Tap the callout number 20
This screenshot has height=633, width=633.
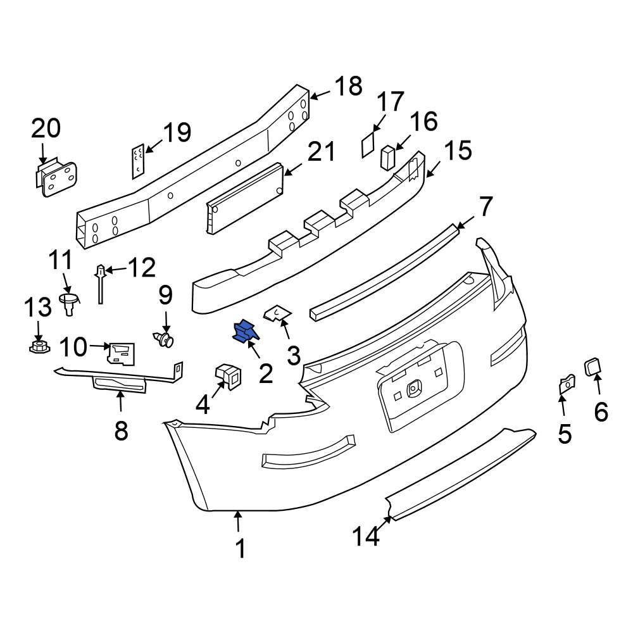click(46, 128)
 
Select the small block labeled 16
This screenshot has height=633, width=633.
click(386, 157)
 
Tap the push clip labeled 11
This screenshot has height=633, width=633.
click(69, 301)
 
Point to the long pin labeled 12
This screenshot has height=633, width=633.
click(100, 285)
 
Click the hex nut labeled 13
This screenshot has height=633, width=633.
click(37, 346)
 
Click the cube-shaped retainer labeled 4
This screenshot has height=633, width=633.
click(228, 376)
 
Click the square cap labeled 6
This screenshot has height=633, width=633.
click(593, 367)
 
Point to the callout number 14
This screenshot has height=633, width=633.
click(367, 536)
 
